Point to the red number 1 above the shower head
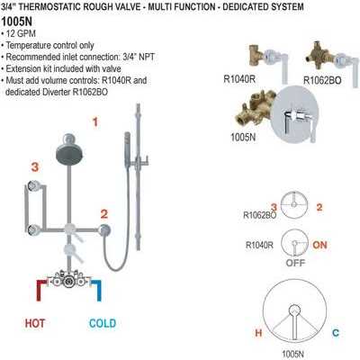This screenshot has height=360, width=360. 94,120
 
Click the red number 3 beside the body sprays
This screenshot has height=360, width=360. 34,166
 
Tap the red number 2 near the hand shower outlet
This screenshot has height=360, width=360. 105,213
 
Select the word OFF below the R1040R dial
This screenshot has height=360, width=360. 293,265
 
